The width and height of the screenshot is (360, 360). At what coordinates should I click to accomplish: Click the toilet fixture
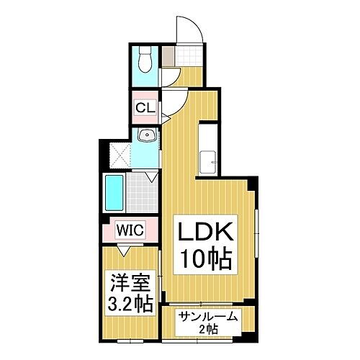[x=145, y=59]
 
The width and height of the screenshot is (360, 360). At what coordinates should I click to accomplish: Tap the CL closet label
[x=145, y=107]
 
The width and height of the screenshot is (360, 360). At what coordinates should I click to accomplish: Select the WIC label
[x=130, y=230]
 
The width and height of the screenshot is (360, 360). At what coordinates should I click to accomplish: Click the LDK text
[x=205, y=231]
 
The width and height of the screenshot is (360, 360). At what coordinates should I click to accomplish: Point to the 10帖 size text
[x=206, y=259]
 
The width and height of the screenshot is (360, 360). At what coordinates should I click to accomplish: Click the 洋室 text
[x=130, y=282]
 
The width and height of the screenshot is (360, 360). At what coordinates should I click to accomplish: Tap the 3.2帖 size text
[x=130, y=303]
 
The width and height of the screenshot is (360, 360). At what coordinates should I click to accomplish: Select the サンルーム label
[x=208, y=317]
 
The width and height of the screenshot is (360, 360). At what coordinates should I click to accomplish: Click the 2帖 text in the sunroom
[x=208, y=329]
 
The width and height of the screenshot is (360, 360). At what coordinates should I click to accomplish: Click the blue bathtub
[x=114, y=193]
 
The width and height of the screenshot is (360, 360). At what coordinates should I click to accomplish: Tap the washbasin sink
[x=147, y=135]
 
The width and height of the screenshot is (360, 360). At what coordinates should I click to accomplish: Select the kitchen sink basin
[x=207, y=163]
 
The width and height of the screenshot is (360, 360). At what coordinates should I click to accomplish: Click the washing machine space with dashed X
[x=120, y=156]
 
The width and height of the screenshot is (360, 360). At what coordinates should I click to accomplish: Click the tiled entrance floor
[x=189, y=55]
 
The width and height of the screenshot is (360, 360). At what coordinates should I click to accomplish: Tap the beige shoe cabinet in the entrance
[x=168, y=55]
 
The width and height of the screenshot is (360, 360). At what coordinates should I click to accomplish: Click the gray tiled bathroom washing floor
[x=142, y=192]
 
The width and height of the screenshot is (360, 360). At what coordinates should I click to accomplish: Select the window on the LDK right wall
[x=256, y=233]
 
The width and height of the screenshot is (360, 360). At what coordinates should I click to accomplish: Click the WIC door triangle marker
[x=124, y=251]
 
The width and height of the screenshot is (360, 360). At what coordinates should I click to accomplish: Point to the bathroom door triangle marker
[x=152, y=176]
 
